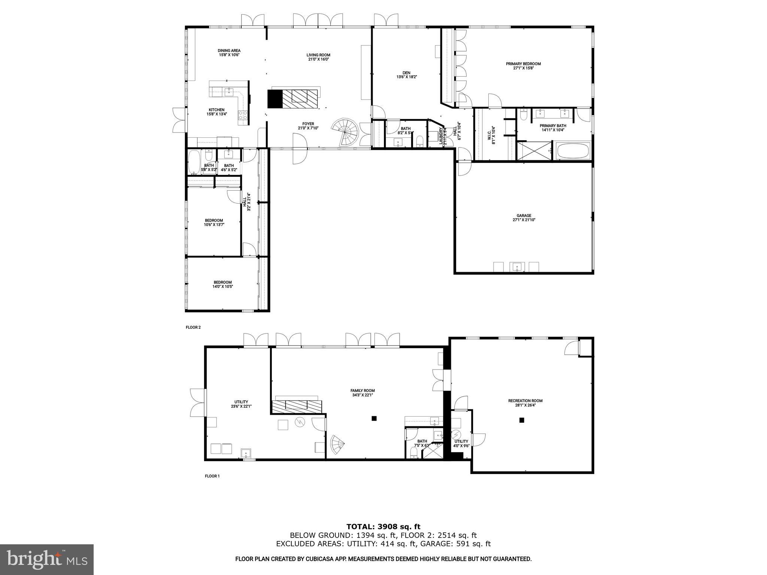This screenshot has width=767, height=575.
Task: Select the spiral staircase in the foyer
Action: point(345,132)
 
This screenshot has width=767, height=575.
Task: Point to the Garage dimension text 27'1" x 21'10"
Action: point(524,220)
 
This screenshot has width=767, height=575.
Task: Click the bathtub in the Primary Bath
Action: point(573,152)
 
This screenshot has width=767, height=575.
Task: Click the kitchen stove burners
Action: point(243,115)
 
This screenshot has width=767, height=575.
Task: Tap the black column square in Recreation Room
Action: point(521,420)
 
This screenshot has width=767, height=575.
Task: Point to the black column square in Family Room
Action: point(373,419)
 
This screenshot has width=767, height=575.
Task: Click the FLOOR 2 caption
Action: point(193,327)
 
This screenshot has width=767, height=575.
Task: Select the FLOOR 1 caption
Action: point(212,476)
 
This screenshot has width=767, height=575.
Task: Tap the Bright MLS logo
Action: point(47,560)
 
